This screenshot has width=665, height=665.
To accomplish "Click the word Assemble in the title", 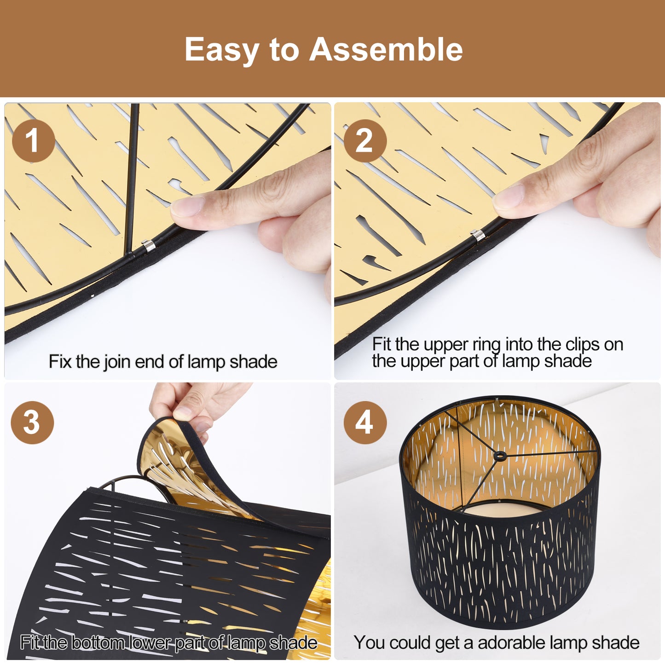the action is pos(386,50).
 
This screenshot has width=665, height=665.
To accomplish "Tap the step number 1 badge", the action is pos(34,141).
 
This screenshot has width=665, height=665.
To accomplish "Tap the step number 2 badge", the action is pos(365,141).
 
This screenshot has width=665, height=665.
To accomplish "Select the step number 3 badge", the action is pos(32,422).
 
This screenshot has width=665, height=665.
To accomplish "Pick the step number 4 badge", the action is pos(365,422).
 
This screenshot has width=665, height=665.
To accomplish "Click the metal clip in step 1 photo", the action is pos(148,245).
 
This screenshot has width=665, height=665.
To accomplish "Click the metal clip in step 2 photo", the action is pos(478,236).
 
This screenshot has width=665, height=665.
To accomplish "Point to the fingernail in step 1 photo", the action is pos(187,207).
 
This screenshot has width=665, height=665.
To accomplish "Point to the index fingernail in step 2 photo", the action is pos(509,197).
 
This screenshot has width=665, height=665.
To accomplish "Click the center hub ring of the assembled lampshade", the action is pos(500,456).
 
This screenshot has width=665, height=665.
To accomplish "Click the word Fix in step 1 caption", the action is pos(60,361).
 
